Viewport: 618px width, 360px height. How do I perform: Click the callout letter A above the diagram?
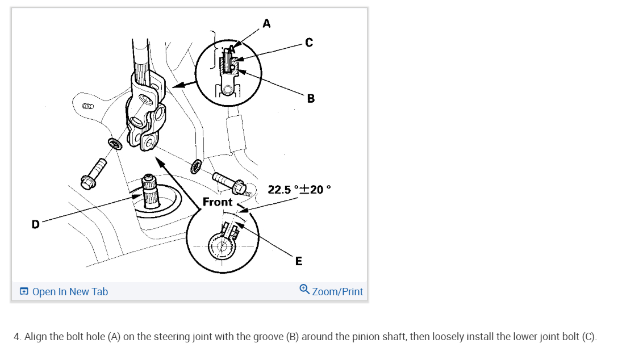[266, 23]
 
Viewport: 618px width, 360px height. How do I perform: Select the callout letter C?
[308, 43]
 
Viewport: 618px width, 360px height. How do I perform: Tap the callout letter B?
[311, 99]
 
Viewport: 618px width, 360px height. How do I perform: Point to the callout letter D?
[35, 224]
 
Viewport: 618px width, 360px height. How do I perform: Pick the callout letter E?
[299, 261]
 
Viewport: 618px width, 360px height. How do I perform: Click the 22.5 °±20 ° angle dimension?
[299, 190]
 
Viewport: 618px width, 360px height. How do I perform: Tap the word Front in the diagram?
[218, 202]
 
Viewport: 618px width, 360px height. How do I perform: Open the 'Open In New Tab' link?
[70, 292]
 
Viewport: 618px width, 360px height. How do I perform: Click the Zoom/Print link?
[337, 292]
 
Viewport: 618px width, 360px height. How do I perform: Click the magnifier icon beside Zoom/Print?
[304, 290]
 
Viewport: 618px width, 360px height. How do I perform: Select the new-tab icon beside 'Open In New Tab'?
[24, 292]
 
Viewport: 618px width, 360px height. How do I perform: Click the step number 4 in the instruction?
[17, 337]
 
